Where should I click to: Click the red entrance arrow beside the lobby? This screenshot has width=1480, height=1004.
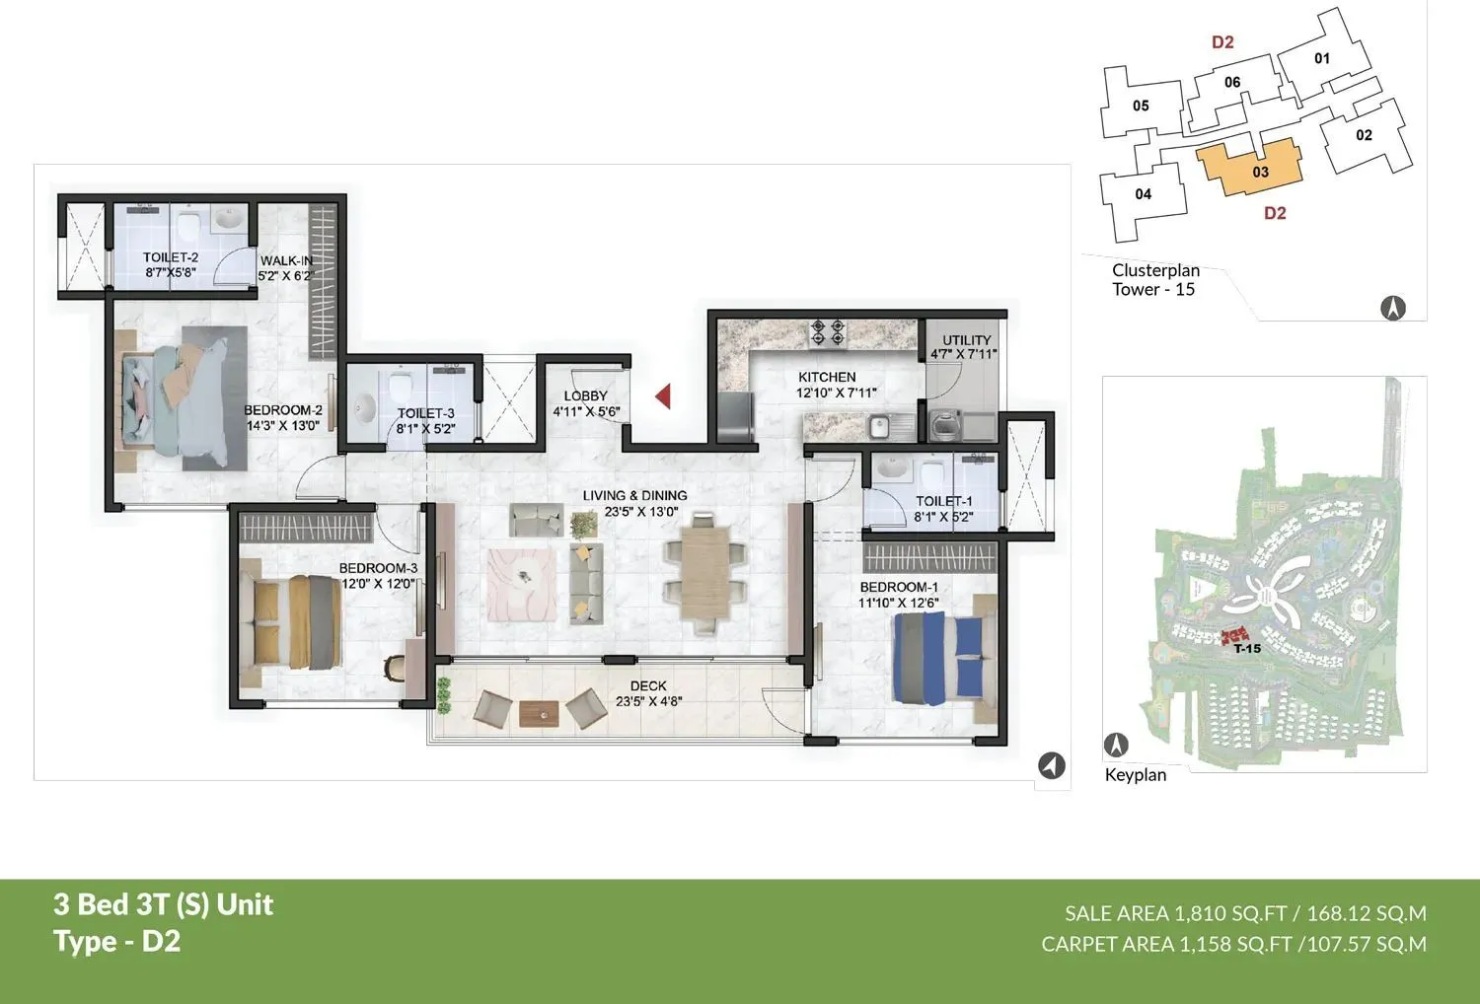tap(663, 396)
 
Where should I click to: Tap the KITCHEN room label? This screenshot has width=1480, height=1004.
tap(827, 377)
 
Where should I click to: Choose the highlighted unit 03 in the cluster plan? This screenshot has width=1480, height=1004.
tap(1251, 170)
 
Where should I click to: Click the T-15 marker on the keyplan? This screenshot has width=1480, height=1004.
tap(1246, 648)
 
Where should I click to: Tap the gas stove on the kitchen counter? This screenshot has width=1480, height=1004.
tap(827, 332)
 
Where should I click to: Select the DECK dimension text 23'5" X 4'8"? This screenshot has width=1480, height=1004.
tap(648, 702)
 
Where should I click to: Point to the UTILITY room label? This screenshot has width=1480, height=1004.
tap(966, 339)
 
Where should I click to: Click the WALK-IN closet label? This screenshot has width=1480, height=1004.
tap(286, 261)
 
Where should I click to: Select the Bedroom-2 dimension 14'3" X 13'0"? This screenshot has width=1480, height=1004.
tap(283, 426)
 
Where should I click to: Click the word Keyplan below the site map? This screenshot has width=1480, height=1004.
tap(1135, 775)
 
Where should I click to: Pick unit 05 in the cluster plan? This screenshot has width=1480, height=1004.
tap(1141, 106)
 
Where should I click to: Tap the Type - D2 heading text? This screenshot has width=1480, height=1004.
tap(117, 942)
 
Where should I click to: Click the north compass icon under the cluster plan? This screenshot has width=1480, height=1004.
tap(1392, 309)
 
